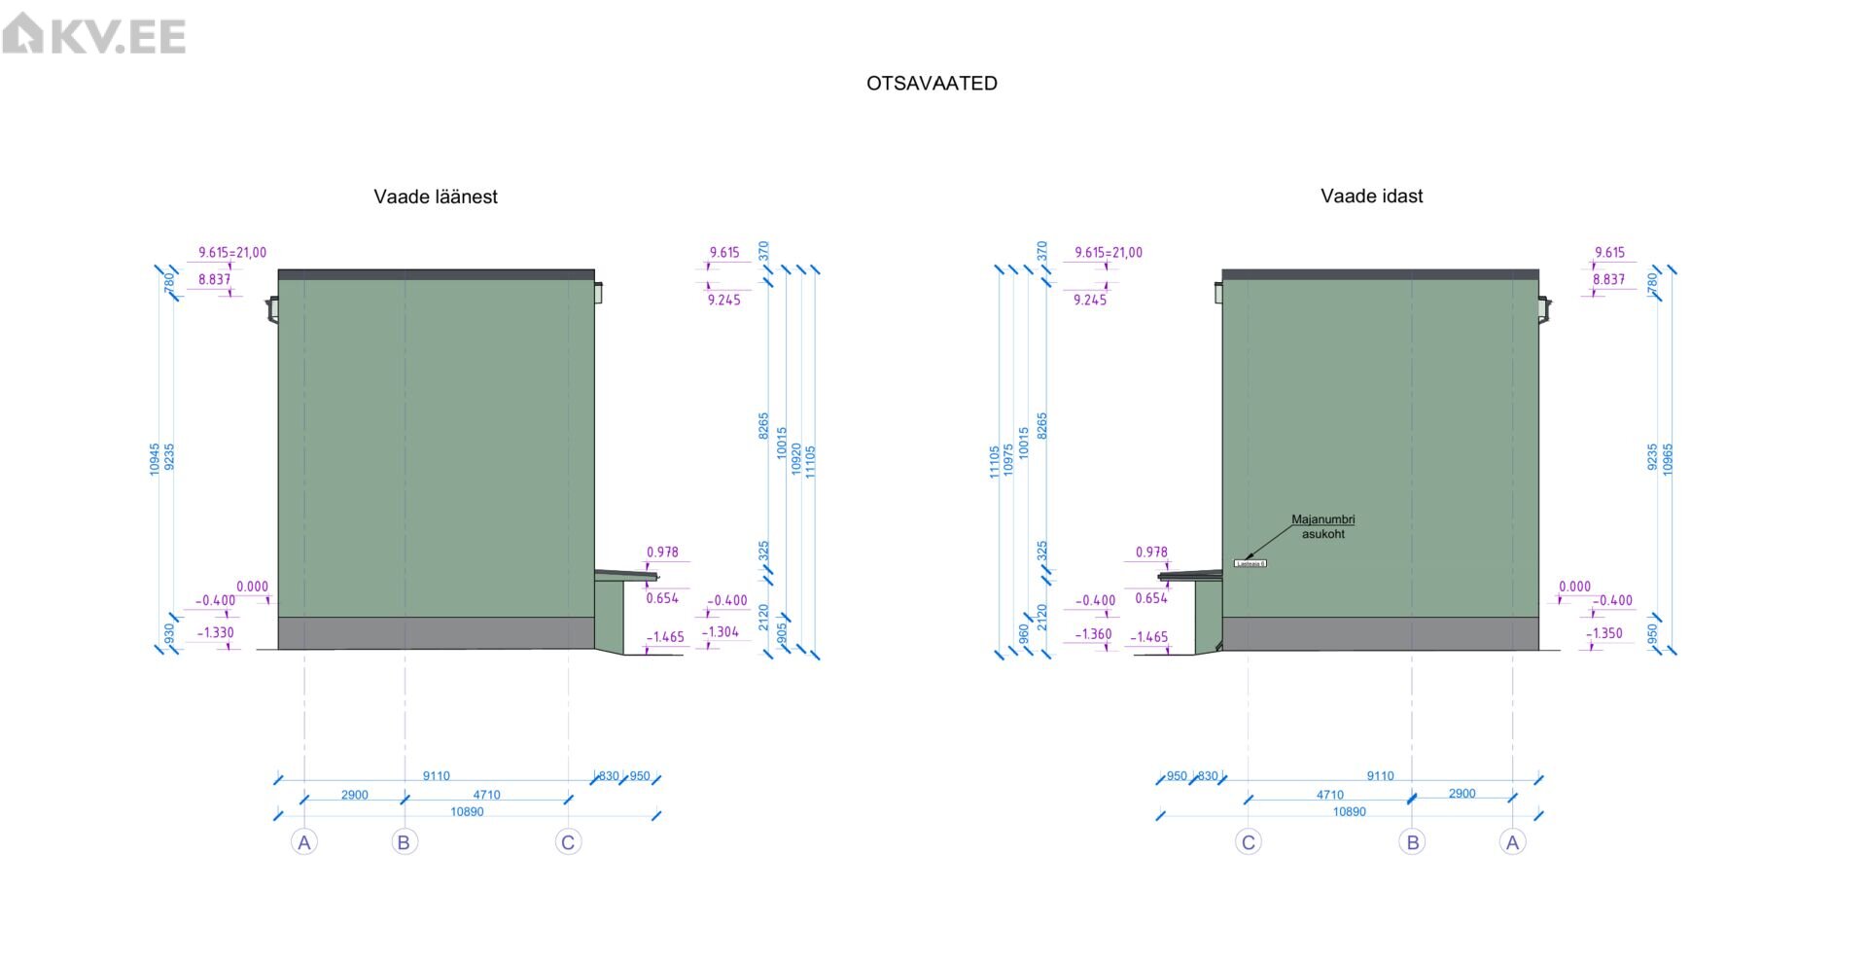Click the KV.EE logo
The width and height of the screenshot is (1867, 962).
[93, 34]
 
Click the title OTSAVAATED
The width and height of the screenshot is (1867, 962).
[932, 84]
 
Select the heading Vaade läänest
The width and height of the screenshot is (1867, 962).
[436, 196]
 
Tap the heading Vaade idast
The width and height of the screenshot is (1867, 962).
[1371, 196]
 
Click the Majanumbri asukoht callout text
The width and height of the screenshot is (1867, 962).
[1322, 526]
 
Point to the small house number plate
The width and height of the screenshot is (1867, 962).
[1250, 563]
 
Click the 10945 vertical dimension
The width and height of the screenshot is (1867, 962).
[155, 459]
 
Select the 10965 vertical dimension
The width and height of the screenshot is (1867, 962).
[1668, 459]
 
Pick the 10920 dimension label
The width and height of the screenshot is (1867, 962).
[796, 459]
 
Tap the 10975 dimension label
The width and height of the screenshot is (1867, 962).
[1008, 459]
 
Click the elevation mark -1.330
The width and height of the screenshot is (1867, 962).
[216, 632]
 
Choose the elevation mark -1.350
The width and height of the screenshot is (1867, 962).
[1604, 632]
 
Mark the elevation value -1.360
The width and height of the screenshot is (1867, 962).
[1094, 634]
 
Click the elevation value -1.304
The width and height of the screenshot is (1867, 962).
[721, 631]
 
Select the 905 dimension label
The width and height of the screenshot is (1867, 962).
[782, 633]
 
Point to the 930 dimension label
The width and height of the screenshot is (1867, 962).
[169, 634]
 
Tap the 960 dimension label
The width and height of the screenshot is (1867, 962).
[1023, 633]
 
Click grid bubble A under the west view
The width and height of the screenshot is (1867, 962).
[304, 842]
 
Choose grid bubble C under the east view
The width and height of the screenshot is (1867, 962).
[1249, 842]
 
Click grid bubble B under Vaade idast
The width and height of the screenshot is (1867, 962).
[1412, 842]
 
